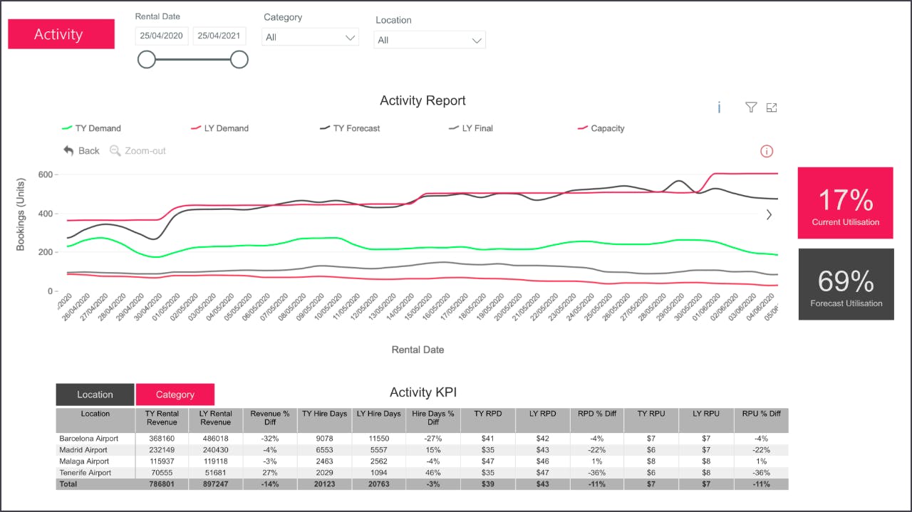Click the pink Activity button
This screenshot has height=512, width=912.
[61, 34]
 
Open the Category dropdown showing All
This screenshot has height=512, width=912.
[310, 37]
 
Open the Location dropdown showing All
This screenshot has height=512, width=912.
[430, 40]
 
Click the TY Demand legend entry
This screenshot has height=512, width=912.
[92, 128]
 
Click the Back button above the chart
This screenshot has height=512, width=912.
[81, 151]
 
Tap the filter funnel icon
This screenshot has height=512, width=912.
[750, 108]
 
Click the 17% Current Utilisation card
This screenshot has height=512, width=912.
[845, 203]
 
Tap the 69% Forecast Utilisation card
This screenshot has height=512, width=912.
[846, 284]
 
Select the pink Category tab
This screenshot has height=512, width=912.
[175, 395]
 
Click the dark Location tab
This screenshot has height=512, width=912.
[95, 395]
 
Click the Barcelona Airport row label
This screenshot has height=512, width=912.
[88, 439]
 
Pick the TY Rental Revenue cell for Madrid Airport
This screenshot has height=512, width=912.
[162, 450]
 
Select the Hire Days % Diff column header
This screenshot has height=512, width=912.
[432, 417]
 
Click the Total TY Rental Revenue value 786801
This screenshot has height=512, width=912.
[162, 484]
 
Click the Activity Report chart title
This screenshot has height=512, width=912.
[423, 100]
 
